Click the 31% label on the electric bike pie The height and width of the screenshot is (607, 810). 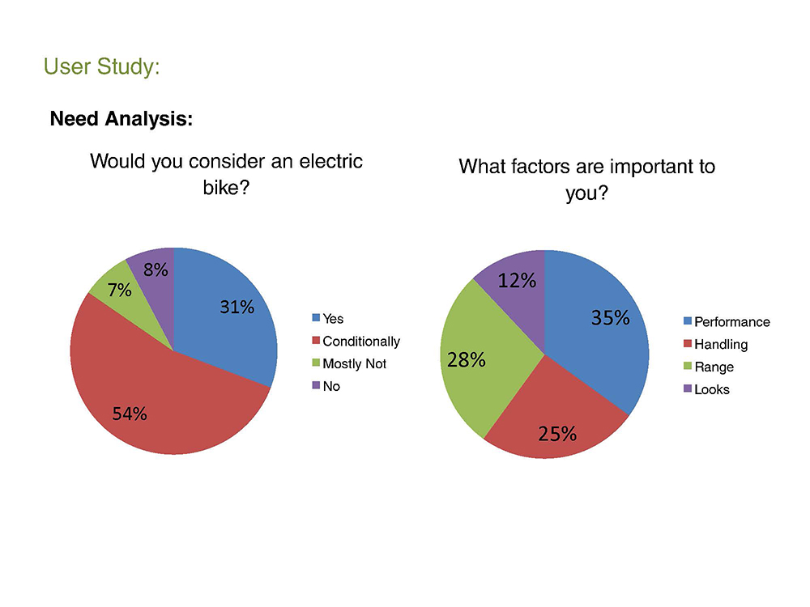tap(237, 308)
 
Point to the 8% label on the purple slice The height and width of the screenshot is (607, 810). tap(156, 270)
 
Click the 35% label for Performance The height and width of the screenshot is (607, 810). tap(610, 318)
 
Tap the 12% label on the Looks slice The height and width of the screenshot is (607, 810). tap(517, 281)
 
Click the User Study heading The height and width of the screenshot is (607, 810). tap(102, 66)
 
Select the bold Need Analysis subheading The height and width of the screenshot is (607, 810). tap(122, 119)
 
